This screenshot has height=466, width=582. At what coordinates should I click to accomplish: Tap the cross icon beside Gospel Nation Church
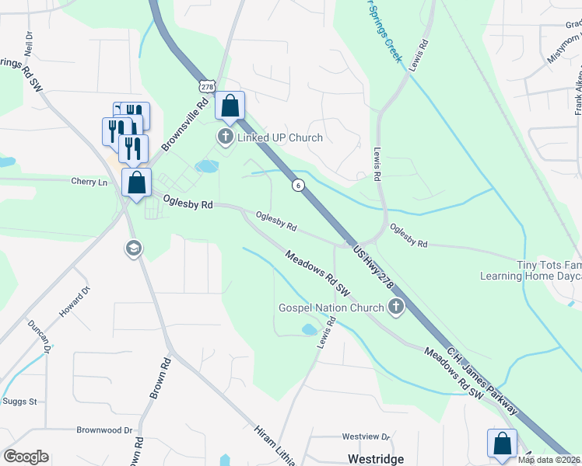[x=395, y=308]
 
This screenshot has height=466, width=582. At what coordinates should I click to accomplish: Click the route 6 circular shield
[x=297, y=185]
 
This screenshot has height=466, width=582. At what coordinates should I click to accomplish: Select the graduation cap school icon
[x=133, y=249]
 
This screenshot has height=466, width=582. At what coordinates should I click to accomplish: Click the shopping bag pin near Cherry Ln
[x=137, y=183]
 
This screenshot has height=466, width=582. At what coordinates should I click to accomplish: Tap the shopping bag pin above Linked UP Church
[x=230, y=106]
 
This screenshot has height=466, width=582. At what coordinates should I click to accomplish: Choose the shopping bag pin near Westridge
[x=502, y=444]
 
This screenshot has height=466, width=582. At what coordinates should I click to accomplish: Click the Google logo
[x=26, y=457]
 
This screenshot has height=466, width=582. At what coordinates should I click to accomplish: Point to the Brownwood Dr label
[x=105, y=429]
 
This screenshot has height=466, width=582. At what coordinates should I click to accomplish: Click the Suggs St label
[x=22, y=402]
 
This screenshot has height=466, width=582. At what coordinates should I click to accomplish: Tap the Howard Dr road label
[x=75, y=302]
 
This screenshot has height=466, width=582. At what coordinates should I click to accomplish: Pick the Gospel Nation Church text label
[x=331, y=308]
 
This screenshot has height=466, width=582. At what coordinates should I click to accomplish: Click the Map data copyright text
[x=549, y=460]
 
